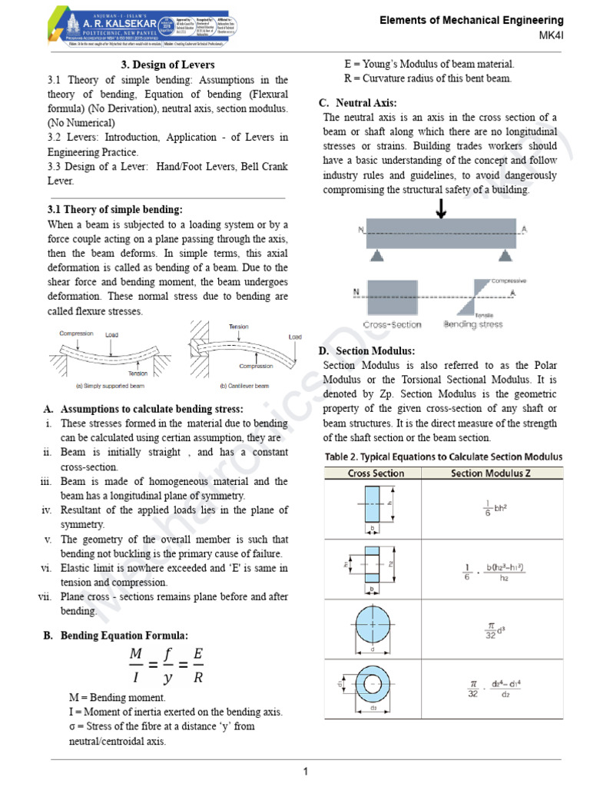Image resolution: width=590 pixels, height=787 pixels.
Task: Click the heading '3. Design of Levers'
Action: coord(167,65)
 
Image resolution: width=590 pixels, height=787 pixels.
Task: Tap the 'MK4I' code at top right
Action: coord(551,36)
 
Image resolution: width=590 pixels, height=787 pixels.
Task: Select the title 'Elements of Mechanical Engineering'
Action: coord(472,20)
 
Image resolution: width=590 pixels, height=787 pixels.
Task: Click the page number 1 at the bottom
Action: coord(305,771)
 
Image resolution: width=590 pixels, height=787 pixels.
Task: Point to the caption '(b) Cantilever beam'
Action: coord(245,385)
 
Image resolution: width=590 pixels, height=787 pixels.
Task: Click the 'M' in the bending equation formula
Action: coord(136,653)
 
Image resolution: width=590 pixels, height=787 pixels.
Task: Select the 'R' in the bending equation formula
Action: coord(198,678)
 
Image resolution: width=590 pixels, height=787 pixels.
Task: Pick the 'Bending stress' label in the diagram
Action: coord(472,324)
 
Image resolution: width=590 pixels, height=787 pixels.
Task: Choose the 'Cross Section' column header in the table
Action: coord(376,473)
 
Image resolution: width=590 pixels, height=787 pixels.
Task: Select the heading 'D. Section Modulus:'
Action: coord(366,350)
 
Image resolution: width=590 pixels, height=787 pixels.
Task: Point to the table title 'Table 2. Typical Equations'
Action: coord(442,457)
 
